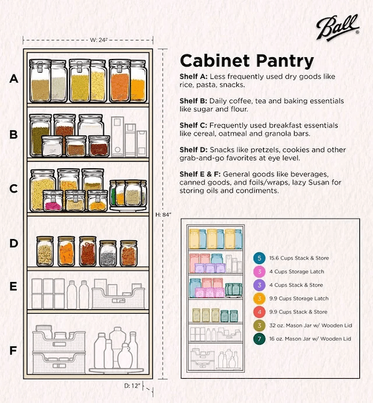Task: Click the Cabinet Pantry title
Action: point(246,61)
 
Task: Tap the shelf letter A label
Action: point(14,79)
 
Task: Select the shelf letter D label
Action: point(14,243)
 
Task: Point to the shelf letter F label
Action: point(13,351)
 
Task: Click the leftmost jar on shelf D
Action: point(45,251)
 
